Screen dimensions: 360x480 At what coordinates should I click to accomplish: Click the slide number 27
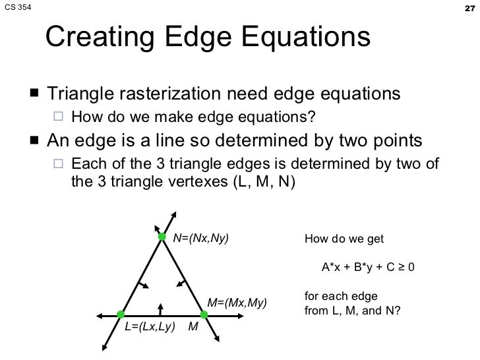468,8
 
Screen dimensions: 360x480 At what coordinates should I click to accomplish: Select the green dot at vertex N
161,237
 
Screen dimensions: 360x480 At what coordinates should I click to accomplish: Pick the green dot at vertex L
121,315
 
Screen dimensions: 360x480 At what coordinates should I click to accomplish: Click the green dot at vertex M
204,315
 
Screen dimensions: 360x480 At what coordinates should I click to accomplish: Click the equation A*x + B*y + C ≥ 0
367,268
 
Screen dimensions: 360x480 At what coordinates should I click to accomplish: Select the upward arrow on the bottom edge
160,308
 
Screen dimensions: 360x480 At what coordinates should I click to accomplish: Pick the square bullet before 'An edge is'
34,141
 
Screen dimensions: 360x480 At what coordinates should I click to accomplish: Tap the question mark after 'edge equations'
313,118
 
